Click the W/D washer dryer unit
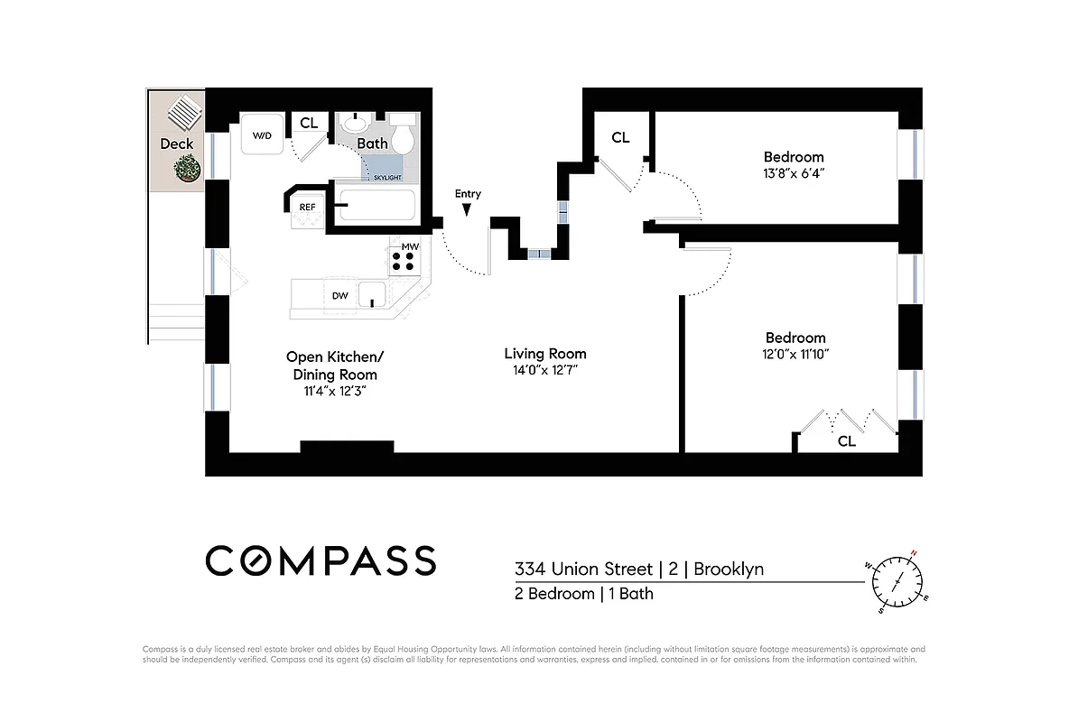(262, 136)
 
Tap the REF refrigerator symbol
(307, 207)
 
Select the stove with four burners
(404, 262)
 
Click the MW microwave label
(409, 245)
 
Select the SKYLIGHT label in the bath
(386, 178)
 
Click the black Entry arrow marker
(467, 210)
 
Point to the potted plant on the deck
(188, 168)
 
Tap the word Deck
(176, 143)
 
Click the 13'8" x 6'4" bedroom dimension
(793, 173)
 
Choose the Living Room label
(544, 354)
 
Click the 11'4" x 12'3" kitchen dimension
(331, 391)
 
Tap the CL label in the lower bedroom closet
(846, 441)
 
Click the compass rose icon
(897, 582)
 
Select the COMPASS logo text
(321, 560)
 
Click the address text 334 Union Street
(583, 569)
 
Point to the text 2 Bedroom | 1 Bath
(583, 594)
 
